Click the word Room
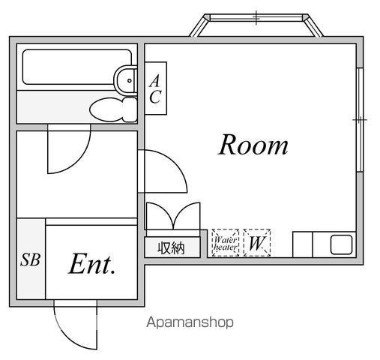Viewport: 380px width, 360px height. pyautogui.click(x=253, y=145)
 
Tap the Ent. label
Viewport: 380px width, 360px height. pyautogui.click(x=92, y=264)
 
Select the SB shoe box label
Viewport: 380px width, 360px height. pyautogui.click(x=30, y=259)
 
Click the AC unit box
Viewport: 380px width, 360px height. pyautogui.click(x=156, y=88)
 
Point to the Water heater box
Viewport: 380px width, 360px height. pyautogui.click(x=226, y=243)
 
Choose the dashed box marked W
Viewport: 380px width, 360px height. pyautogui.click(x=257, y=243)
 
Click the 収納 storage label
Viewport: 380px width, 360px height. pyautogui.click(x=171, y=248)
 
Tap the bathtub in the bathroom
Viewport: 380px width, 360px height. pyautogui.click(x=77, y=67)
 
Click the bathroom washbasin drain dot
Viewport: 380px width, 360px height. pyautogui.click(x=130, y=80)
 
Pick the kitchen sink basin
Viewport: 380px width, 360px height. pyautogui.click(x=341, y=244)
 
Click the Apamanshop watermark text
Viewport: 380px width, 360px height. pyautogui.click(x=190, y=322)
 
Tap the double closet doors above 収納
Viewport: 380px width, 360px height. pyautogui.click(x=173, y=216)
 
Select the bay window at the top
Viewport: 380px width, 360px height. pyautogui.click(x=256, y=25)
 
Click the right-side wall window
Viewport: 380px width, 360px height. pyautogui.click(x=360, y=120)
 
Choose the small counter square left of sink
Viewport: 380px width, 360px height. pyautogui.click(x=303, y=244)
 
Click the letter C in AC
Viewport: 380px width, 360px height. pyautogui.click(x=155, y=97)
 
